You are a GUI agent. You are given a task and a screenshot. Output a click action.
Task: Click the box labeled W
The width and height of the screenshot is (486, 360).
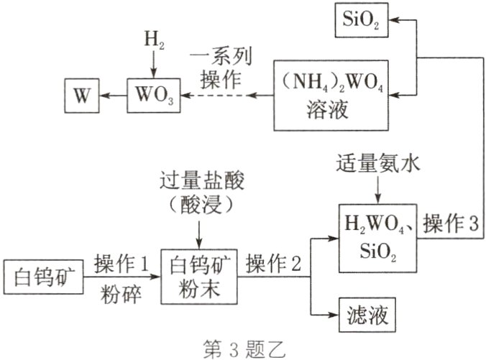click(81, 94)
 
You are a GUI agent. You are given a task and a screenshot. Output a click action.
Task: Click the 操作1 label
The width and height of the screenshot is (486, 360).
click(124, 263)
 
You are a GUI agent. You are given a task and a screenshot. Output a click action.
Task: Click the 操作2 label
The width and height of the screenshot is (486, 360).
click(275, 264)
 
